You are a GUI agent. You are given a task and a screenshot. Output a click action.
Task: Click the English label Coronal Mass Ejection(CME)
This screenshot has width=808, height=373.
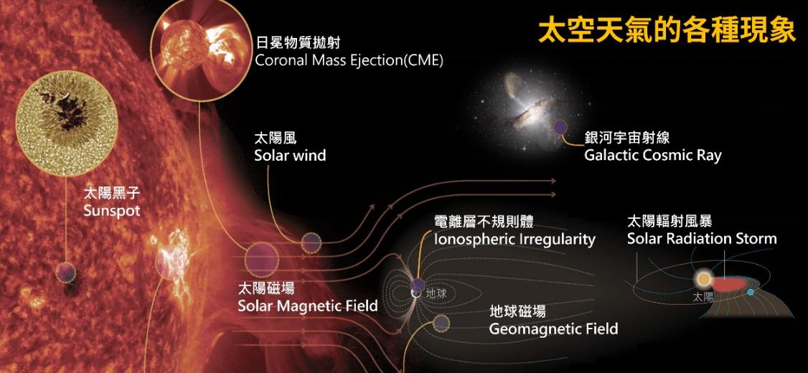click(349, 61)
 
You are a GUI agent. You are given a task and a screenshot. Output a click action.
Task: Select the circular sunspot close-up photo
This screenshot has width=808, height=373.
click(67, 123)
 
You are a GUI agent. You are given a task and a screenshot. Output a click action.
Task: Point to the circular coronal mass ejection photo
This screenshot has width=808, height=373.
click(197, 48)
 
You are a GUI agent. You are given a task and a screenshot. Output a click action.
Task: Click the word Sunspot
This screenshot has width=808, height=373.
click(112, 211)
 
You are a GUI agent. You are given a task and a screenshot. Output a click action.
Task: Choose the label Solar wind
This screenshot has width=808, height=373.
click(290, 156)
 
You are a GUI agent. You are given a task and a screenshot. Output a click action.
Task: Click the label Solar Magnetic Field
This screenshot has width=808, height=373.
click(308, 306)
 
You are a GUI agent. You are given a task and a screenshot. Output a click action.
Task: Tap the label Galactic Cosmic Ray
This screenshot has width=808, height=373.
click(652, 156)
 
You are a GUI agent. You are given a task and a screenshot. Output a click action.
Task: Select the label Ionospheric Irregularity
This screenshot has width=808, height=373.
click(515, 240)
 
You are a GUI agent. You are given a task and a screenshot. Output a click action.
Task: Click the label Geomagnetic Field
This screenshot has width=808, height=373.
click(553, 329)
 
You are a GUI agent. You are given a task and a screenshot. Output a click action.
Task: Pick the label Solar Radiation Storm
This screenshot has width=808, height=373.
click(702, 239)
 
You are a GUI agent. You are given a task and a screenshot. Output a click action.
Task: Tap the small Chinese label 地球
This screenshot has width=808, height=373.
click(436, 294)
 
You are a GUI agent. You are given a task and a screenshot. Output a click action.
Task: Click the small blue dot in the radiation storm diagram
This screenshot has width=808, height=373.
click(751, 292)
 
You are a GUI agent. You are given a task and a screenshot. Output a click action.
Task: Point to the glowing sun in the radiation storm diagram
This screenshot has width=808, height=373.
click(703, 280)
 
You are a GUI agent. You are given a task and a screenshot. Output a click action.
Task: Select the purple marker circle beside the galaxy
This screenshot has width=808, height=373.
click(560, 127)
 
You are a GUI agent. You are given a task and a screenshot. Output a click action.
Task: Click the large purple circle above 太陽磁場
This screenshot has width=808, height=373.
click(261, 259)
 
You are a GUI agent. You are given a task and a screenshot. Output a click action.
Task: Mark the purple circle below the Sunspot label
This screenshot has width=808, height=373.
click(65, 273)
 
